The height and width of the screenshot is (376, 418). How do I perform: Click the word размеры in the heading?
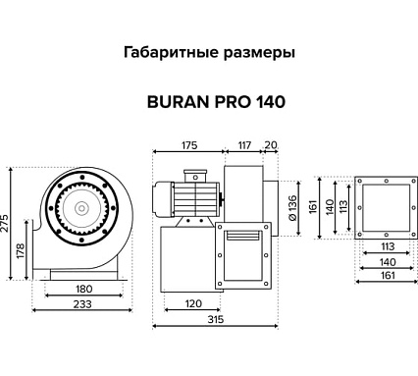tap(256, 54)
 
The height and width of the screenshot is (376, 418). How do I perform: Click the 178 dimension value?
tap(22, 252)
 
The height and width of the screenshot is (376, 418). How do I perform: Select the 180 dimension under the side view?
tap(85, 289)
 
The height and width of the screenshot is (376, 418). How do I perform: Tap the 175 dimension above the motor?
tap(189, 145)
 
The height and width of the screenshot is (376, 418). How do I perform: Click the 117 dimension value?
tap(241, 145)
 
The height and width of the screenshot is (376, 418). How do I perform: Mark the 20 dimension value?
tap(270, 145)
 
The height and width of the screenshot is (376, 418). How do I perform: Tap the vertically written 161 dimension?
tap(314, 208)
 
